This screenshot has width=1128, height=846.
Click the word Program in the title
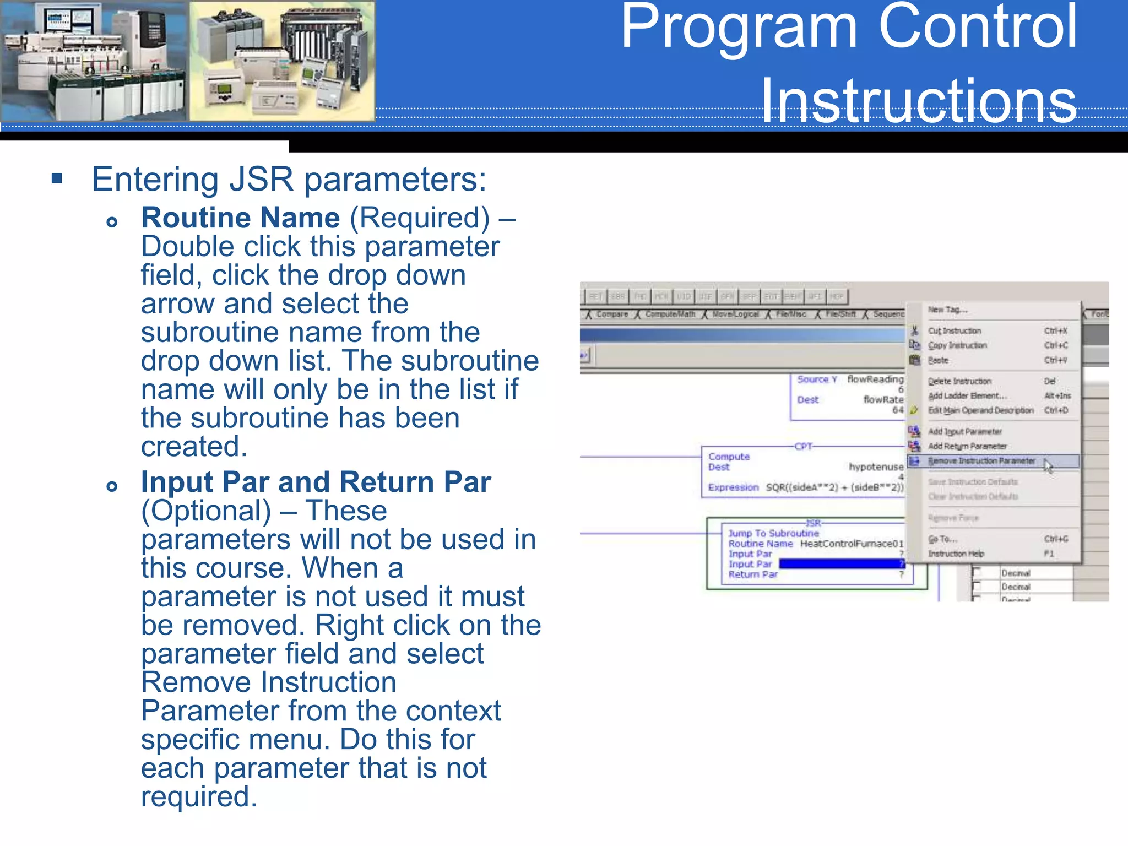[x=738, y=28]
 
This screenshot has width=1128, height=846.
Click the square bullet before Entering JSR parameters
[x=57, y=178]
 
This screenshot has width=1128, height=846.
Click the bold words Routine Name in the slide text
[x=240, y=218]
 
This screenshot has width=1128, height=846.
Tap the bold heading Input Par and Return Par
[x=316, y=482]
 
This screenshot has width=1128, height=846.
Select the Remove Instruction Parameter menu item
[x=981, y=461]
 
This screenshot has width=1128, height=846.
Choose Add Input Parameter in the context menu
[x=964, y=431]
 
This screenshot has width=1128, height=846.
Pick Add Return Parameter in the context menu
[x=967, y=446]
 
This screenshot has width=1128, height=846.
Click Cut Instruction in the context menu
[x=955, y=330]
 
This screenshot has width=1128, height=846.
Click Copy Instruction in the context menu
[x=957, y=345]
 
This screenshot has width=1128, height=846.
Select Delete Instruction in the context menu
[x=959, y=381]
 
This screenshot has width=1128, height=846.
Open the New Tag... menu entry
[x=947, y=310]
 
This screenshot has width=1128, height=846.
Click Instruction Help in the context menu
[x=956, y=554]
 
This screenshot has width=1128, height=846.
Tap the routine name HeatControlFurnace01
[x=852, y=544]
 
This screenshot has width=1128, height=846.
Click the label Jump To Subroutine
[x=773, y=533]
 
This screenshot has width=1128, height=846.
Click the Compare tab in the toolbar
[x=611, y=314]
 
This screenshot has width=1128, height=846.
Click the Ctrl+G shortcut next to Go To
[x=1056, y=539]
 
